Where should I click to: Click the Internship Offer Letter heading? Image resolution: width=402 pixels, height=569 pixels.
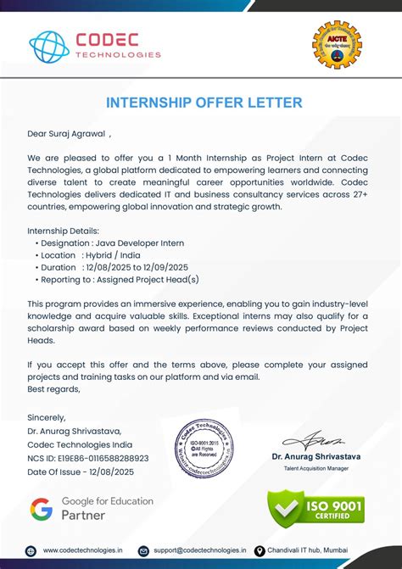pyautogui.click(x=204, y=103)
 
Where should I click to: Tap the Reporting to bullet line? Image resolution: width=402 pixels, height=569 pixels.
pyautogui.click(x=120, y=278)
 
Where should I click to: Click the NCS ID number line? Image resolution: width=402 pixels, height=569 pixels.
pyautogui.click(x=88, y=458)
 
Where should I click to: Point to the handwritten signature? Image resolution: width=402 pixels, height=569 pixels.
pyautogui.click(x=313, y=439)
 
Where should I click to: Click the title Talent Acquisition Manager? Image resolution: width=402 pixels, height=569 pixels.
pyautogui.click(x=315, y=468)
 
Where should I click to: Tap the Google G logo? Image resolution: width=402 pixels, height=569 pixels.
pyautogui.click(x=41, y=509)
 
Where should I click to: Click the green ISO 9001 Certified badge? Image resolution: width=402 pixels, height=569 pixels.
pyautogui.click(x=315, y=508)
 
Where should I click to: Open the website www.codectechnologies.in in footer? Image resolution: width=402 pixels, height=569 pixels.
pyautogui.click(x=81, y=550)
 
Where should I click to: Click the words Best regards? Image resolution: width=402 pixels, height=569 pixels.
pyautogui.click(x=53, y=389)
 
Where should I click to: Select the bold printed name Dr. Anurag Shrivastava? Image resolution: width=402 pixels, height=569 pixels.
pyautogui.click(x=315, y=456)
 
